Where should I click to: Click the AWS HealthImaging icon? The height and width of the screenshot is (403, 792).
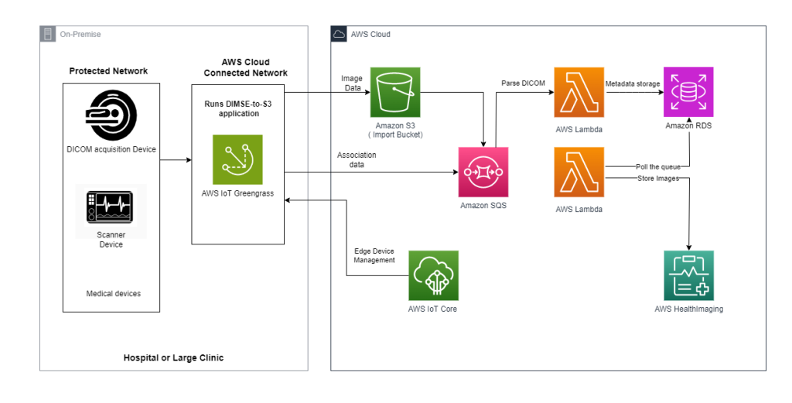pos(688,275)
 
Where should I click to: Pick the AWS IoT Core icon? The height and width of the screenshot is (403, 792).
pos(433,275)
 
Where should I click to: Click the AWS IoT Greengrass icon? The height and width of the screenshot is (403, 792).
pos(237,159)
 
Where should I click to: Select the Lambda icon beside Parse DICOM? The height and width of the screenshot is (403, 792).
pos(579,92)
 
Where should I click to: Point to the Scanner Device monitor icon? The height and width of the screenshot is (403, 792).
pos(111,209)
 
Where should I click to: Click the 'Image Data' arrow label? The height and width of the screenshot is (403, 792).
pos(352,84)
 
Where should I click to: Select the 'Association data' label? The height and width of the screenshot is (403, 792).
pos(357,160)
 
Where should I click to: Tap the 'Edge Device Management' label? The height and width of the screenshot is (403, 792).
pos(374,256)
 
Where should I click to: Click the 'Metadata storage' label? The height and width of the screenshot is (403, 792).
pos(632,84)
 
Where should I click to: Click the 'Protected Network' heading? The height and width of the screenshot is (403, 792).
pos(108,71)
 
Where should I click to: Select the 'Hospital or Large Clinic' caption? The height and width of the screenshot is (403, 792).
pos(173,358)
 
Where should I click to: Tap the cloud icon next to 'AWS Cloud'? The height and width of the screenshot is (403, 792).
pos(339,34)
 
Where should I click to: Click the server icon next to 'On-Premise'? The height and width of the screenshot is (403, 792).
pos(48,34)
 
